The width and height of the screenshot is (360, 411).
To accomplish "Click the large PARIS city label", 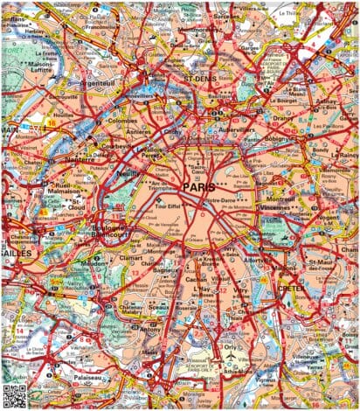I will click(x=200, y=187).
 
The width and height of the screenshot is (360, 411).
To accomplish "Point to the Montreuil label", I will click(x=282, y=199).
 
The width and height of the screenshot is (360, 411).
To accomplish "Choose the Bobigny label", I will click(x=281, y=139).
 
